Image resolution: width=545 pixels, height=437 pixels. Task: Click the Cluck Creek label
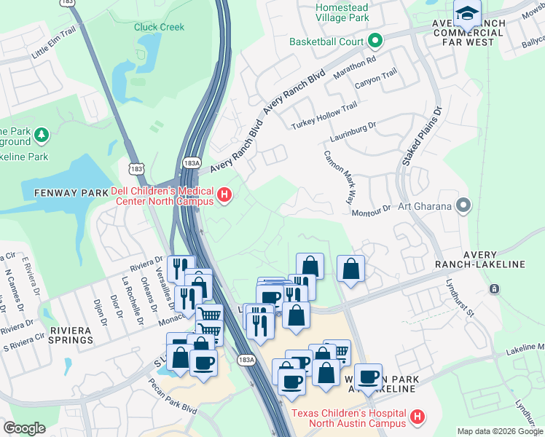coord(159,27)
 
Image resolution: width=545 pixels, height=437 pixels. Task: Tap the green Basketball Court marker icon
coord(375,41)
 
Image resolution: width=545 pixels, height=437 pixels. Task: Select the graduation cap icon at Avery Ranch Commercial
coord(466,12)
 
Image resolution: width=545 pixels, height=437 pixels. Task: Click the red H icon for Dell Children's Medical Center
coord(224,194)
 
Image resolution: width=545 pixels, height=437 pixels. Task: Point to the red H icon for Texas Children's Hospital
coord(417,417)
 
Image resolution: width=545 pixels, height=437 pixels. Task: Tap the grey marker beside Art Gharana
coord(462,206)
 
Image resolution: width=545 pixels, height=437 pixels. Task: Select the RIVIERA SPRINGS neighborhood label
coord(71,335)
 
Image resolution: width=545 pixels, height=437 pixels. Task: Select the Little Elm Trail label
coord(53,51)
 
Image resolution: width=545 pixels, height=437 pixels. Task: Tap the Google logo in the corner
coord(24,428)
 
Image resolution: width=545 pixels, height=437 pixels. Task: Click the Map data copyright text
coord(499,431)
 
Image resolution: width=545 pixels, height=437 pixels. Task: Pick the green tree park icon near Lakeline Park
coord(42,135)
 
